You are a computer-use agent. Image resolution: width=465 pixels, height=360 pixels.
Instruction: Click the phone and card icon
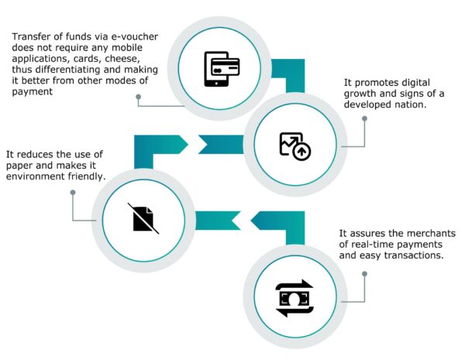220,68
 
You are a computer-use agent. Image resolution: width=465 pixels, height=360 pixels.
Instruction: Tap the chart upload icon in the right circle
294,146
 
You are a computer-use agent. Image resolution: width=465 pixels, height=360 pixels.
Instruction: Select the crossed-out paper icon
144,219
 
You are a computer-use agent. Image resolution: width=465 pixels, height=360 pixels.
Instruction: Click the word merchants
425,234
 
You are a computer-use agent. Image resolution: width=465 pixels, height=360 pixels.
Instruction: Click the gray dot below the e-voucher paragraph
139,98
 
